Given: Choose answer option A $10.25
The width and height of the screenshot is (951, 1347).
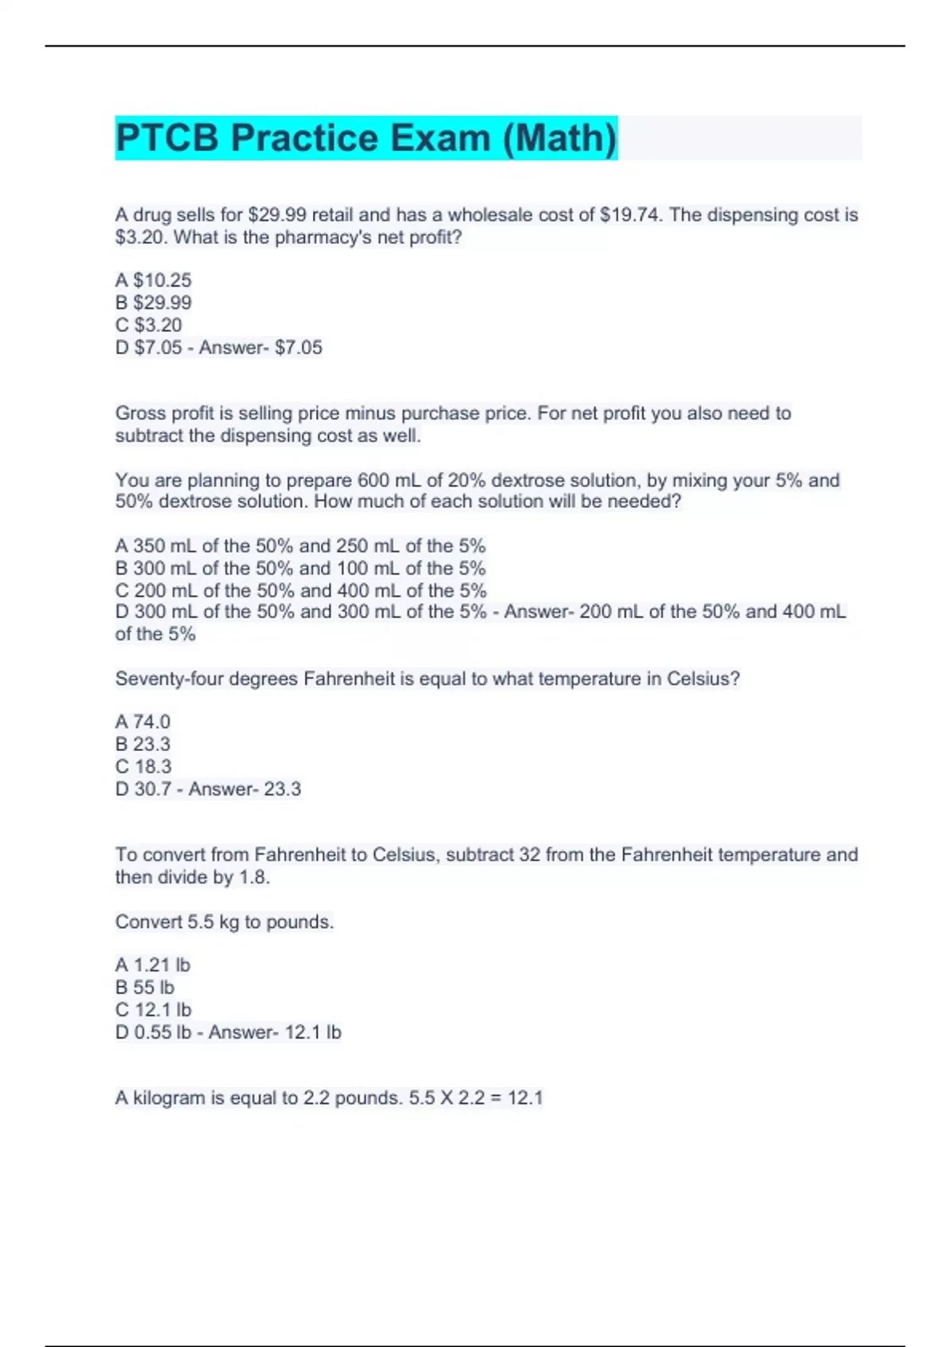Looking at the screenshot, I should (153, 280).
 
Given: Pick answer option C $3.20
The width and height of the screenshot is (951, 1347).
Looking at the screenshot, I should (148, 325).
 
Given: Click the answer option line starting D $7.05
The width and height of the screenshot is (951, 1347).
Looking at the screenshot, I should (219, 347).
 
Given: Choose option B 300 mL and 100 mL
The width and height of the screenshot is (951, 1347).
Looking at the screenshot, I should (300, 568).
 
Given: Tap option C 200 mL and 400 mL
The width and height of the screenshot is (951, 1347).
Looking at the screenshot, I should (300, 590).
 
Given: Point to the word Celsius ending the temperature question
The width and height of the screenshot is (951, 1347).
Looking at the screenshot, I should (702, 679).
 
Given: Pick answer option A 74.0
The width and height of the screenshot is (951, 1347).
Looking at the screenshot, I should (143, 722).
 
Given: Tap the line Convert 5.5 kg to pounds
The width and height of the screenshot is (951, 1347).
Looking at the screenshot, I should (224, 922).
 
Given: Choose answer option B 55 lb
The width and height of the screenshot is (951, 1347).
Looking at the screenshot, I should (144, 987).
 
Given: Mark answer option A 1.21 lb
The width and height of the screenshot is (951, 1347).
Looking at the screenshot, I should (152, 965).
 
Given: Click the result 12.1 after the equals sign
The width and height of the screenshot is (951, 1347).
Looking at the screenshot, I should (525, 1097).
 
